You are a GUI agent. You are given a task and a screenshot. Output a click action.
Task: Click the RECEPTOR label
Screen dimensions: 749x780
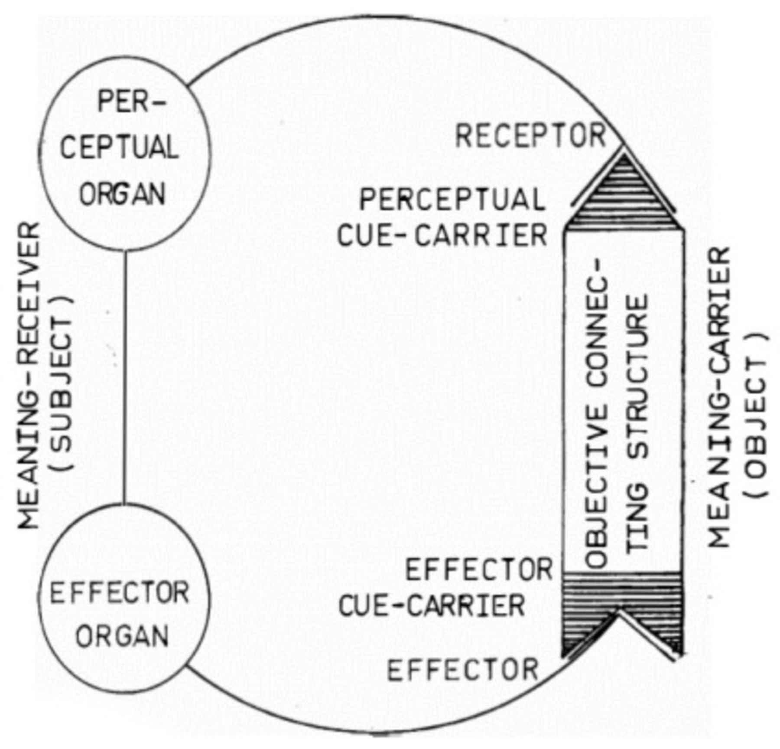coord(530,135)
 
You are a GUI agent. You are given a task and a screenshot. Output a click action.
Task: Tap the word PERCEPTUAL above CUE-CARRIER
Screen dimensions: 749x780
coord(452,200)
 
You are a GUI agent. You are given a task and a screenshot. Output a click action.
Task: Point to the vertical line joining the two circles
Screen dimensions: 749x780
coord(125,377)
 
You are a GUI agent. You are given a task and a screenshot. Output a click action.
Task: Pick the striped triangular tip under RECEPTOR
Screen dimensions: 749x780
coord(624,195)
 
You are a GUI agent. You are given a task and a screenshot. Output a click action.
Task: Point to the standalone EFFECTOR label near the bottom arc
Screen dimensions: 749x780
coord(462,670)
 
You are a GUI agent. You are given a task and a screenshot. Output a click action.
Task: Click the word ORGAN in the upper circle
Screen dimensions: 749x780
coord(122,194)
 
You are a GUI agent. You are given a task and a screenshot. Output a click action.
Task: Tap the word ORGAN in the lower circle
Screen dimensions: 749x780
coord(122,636)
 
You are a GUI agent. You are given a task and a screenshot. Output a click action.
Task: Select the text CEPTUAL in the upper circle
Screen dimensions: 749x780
coord(120,148)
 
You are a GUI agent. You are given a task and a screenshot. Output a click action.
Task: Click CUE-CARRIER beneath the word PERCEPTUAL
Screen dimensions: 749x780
coord(442,236)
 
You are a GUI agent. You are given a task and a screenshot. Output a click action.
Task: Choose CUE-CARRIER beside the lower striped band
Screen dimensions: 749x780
coord(432,606)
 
